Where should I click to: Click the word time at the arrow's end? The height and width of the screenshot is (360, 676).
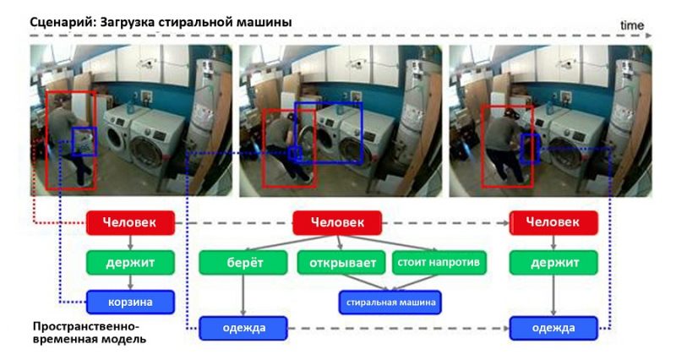pyautogui.click(x=632, y=25)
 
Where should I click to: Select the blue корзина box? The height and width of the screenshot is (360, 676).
pyautogui.click(x=130, y=302)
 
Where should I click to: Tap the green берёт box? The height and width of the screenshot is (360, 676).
pyautogui.click(x=243, y=263)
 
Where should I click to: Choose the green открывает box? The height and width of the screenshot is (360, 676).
pyautogui.click(x=341, y=263)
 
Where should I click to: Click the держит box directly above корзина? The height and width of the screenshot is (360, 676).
pyautogui.click(x=130, y=263)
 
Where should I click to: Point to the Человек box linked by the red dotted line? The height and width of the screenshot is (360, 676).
pyautogui.click(x=130, y=223)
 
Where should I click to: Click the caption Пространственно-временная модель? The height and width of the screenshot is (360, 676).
pyautogui.click(x=84, y=332)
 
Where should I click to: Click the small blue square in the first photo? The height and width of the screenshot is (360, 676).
pyautogui.click(x=84, y=141)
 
